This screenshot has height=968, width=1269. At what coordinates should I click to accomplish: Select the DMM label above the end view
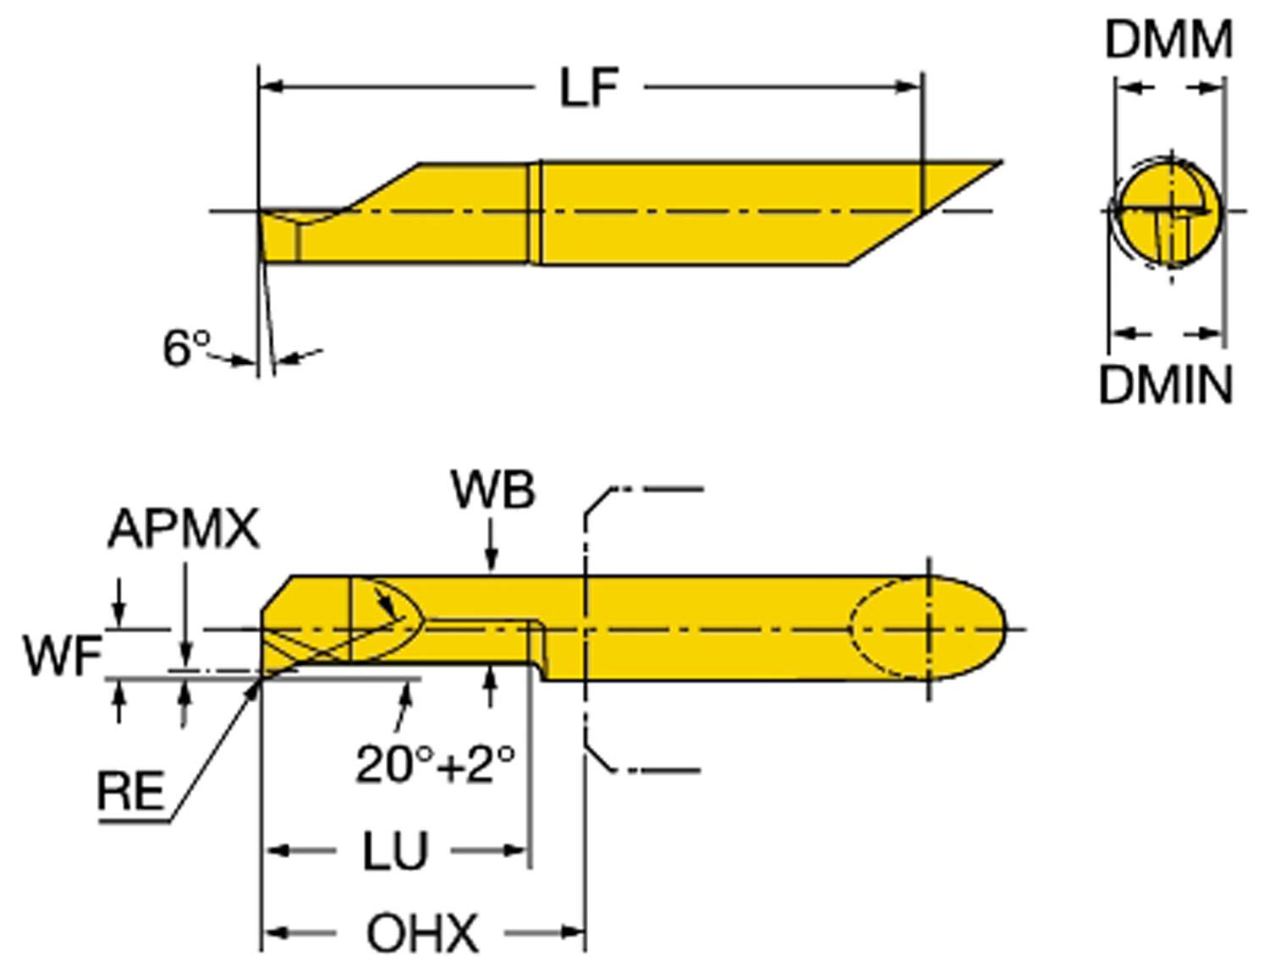[1168, 40]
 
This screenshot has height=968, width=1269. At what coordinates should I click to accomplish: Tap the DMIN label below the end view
[1165, 384]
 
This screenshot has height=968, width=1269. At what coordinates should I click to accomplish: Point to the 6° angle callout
[185, 347]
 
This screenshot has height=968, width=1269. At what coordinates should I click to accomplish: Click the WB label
[492, 490]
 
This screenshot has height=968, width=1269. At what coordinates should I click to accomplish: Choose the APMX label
[183, 530]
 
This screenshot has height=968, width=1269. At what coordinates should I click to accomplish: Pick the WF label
[62, 656]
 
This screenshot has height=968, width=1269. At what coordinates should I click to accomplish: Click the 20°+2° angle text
[435, 764]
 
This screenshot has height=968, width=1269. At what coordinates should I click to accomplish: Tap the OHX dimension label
[422, 933]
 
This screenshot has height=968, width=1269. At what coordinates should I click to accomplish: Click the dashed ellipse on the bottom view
[888, 628]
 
